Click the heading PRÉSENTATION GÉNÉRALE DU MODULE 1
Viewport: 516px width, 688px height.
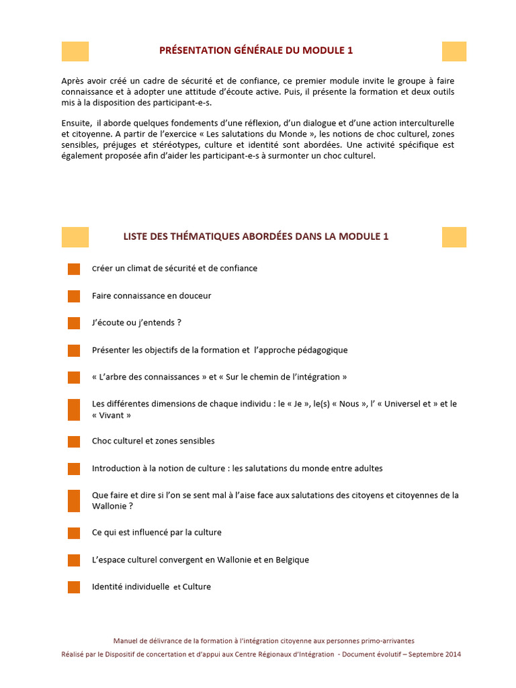point(256,50)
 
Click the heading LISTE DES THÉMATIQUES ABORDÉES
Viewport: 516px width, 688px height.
point(256,236)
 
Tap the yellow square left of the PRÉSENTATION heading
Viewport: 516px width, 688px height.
point(75,51)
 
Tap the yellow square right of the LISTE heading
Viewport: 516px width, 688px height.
point(454,236)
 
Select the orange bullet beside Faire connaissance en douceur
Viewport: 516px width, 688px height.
point(74,296)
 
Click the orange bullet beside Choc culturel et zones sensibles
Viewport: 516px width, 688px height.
point(74,441)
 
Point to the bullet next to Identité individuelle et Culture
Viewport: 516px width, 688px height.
point(74,587)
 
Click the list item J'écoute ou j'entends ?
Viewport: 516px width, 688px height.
point(136,322)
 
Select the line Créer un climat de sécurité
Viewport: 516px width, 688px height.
point(174,268)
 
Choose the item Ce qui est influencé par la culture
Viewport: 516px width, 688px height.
point(157,532)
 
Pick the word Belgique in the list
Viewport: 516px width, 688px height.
point(290,560)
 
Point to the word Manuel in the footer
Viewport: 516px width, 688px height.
point(126,641)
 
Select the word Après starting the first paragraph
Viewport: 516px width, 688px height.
point(73,81)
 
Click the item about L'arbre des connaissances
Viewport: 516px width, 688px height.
point(219,377)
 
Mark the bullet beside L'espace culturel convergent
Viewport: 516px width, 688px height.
point(74,560)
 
